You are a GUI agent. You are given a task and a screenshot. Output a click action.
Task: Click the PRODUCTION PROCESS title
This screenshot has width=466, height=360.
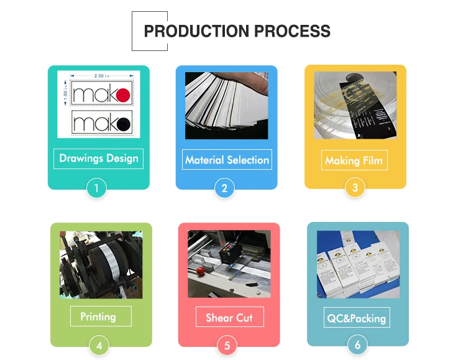(x=237, y=31)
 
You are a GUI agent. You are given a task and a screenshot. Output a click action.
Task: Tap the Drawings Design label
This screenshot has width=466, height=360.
(x=99, y=158)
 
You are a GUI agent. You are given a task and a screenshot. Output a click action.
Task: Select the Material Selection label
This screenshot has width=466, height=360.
(x=227, y=160)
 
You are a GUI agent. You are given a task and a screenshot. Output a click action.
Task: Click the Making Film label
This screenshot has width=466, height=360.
(x=354, y=160)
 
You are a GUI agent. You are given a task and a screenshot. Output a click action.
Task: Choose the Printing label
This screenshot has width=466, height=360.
(x=98, y=316)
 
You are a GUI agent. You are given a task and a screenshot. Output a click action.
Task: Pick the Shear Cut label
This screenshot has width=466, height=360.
(x=229, y=318)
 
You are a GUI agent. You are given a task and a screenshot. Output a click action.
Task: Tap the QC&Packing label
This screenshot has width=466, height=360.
(x=357, y=318)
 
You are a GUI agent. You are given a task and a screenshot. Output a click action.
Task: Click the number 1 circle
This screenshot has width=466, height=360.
(x=96, y=188)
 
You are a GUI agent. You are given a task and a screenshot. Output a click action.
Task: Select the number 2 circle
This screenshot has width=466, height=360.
(x=224, y=188)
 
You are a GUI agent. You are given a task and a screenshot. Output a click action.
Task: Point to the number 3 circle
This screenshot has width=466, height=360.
(x=355, y=187)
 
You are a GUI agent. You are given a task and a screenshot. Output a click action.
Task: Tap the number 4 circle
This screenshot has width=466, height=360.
(x=99, y=344)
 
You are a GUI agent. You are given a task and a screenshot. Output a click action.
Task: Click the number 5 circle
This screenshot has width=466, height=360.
(x=227, y=345)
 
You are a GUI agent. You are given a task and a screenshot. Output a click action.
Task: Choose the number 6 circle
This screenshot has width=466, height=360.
(x=357, y=344)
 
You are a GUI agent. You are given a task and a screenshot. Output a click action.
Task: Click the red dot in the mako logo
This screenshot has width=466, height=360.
(x=123, y=95)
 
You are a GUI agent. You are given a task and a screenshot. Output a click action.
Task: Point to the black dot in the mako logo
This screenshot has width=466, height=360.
(x=123, y=123)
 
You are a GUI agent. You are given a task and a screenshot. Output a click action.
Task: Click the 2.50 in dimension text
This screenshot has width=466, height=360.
(x=101, y=75)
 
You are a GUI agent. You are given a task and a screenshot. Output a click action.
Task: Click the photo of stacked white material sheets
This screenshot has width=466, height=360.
(x=226, y=105)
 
